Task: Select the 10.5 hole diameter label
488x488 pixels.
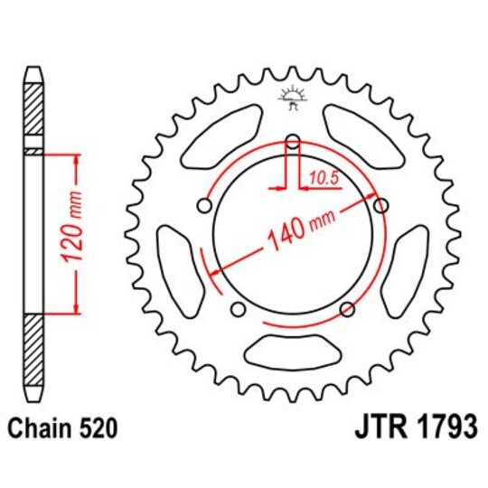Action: pos(321,178)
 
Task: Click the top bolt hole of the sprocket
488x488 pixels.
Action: pos(292,141)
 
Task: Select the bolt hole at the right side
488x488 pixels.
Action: pos(381,205)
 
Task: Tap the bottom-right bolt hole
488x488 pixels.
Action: pos(348,310)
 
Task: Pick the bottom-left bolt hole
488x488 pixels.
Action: pos(238,311)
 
